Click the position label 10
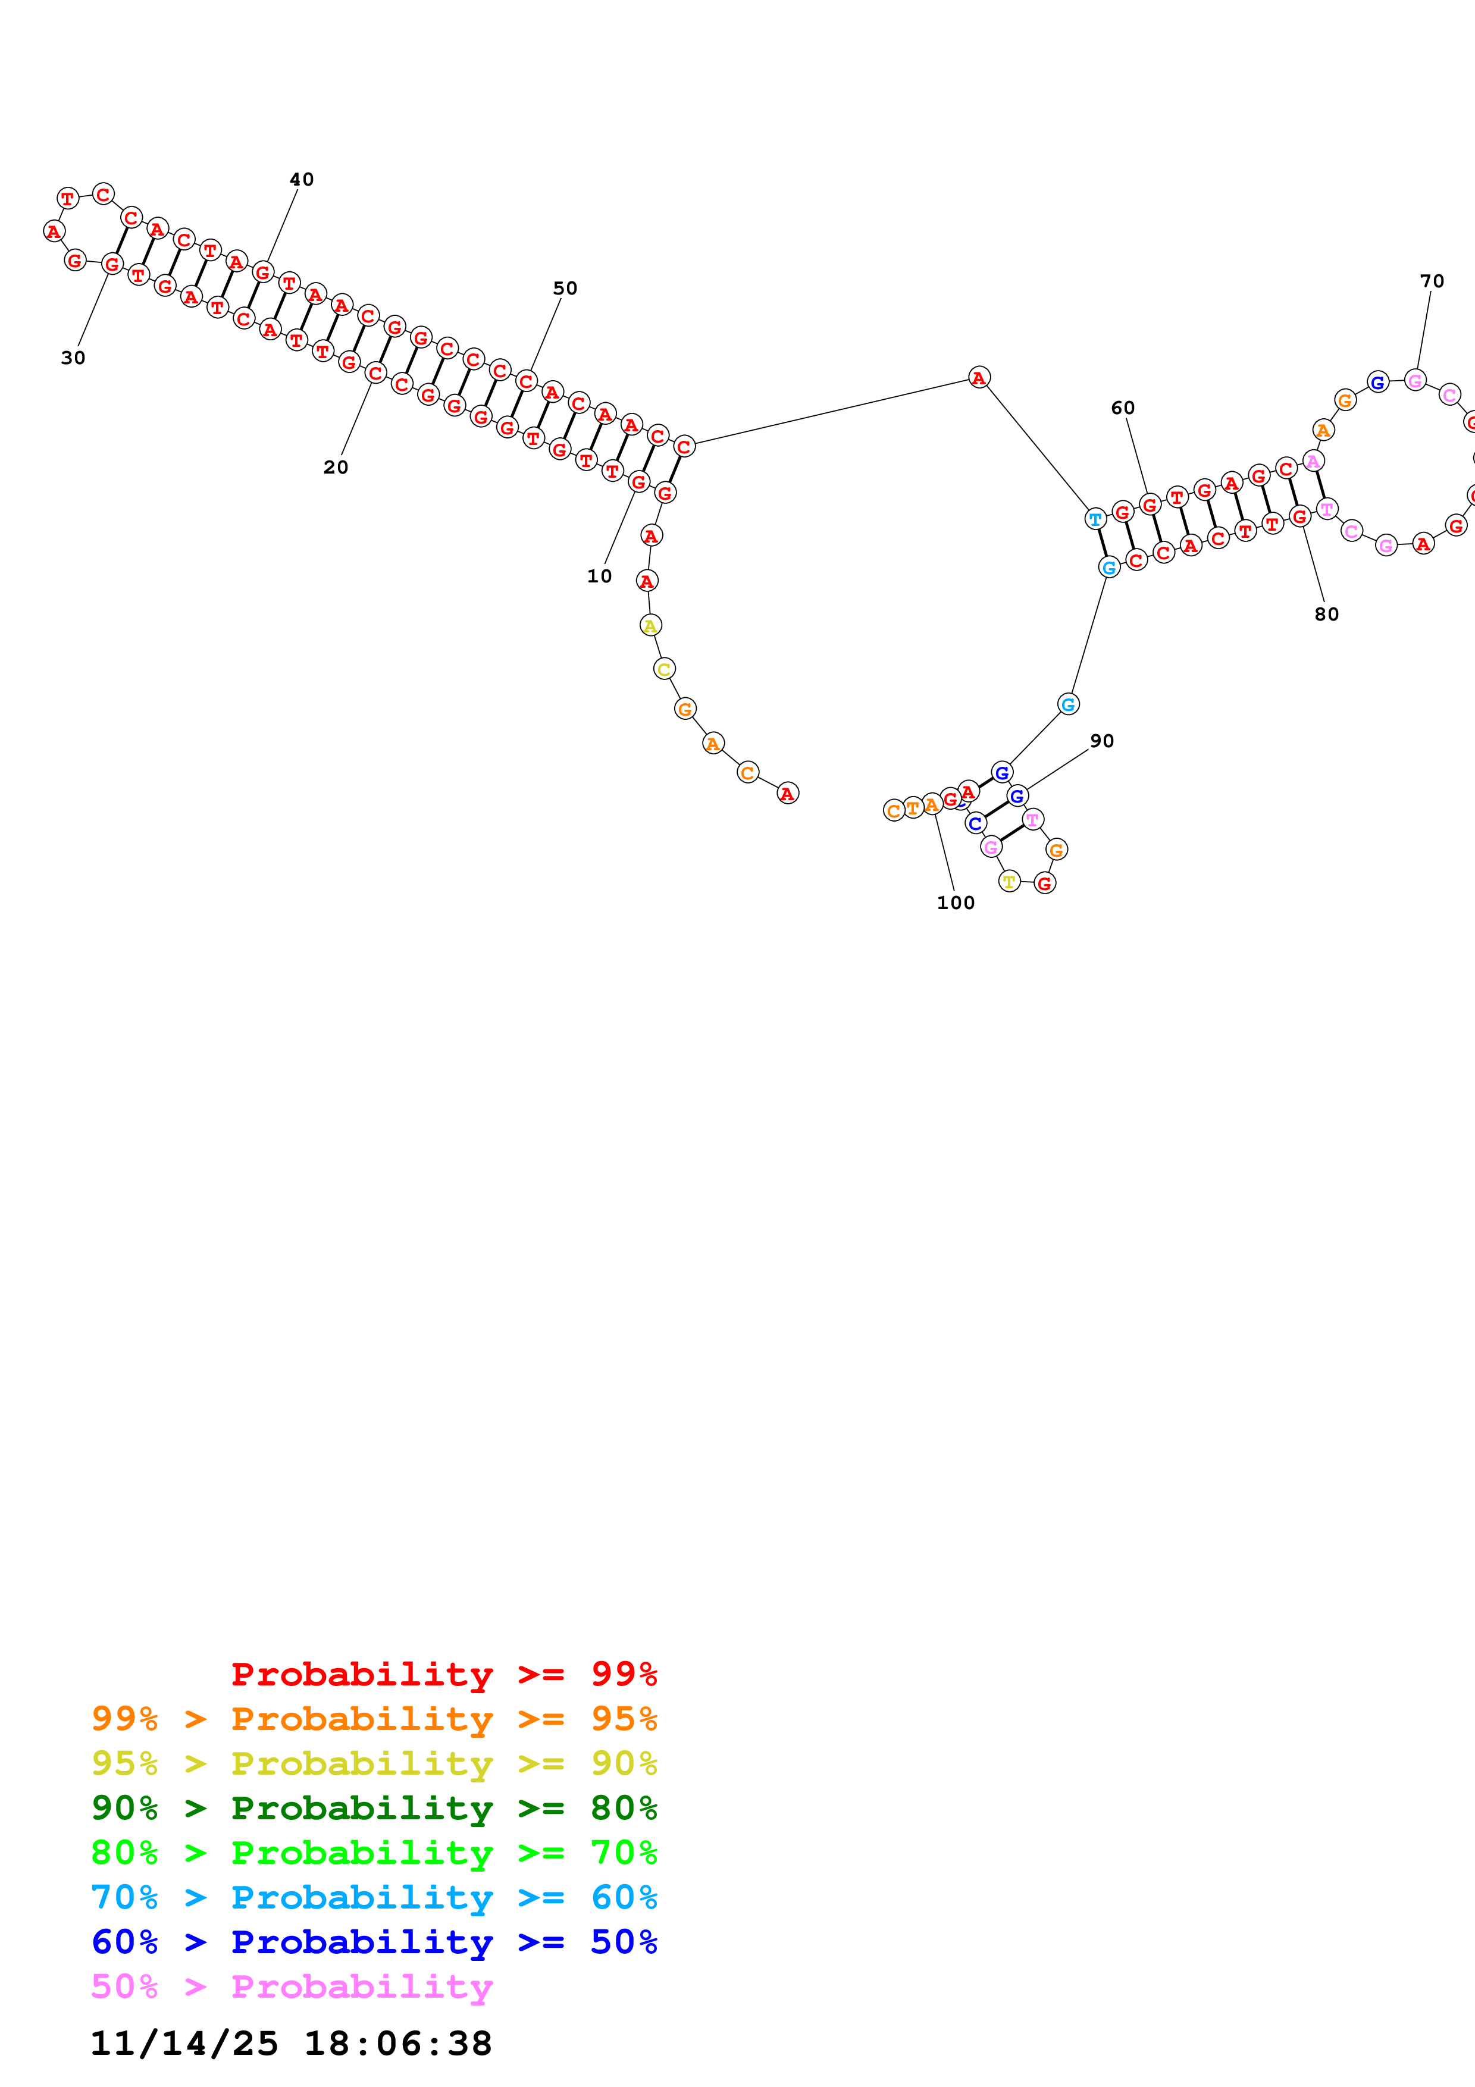pyautogui.click(x=599, y=576)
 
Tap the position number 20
pyautogui.click(x=336, y=467)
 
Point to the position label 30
pyautogui.click(x=73, y=358)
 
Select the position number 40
pyautogui.click(x=302, y=179)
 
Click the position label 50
pyautogui.click(x=565, y=288)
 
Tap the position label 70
pyautogui.click(x=1432, y=281)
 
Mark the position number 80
pyautogui.click(x=1326, y=615)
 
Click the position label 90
pyautogui.click(x=1101, y=741)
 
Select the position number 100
pyautogui.click(x=955, y=903)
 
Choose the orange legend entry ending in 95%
pyautogui.click(x=374, y=1718)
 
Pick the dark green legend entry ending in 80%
pyautogui.click(x=374, y=1808)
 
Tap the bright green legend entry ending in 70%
pyautogui.click(x=374, y=1853)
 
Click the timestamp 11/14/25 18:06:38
pyautogui.click(x=291, y=2044)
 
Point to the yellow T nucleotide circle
pyautogui.click(x=1009, y=881)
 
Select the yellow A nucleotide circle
pyautogui.click(x=650, y=625)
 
